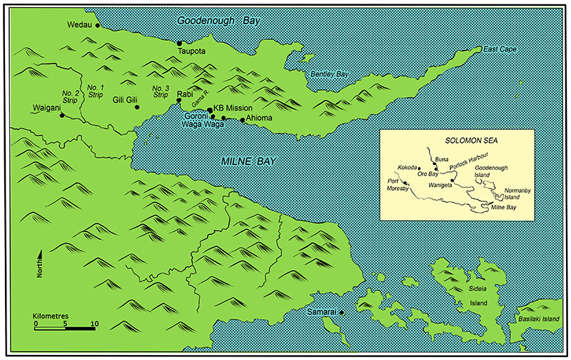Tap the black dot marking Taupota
coord(180,44)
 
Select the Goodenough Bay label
coord(219,21)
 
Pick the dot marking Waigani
coord(61,115)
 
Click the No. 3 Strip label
coord(161,91)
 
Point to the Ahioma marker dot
coord(243,120)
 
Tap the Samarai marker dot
coord(342,312)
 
